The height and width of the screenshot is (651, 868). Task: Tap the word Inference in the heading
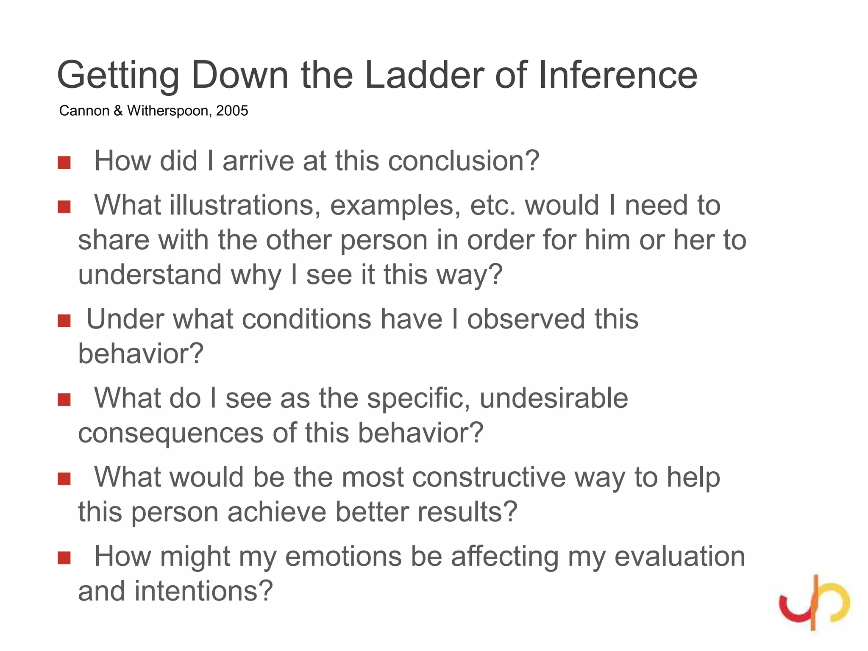point(618,75)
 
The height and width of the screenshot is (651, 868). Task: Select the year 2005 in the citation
point(232,111)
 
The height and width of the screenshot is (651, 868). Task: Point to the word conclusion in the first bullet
point(464,161)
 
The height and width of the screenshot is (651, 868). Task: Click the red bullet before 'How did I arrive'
point(64,162)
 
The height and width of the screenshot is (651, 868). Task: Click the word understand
point(150,274)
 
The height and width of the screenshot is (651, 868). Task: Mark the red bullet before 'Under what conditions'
point(64,321)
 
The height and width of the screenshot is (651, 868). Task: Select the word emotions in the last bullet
point(343,556)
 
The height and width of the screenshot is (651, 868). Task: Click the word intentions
point(203,591)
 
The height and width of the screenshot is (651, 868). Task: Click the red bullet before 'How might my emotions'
point(64,558)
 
